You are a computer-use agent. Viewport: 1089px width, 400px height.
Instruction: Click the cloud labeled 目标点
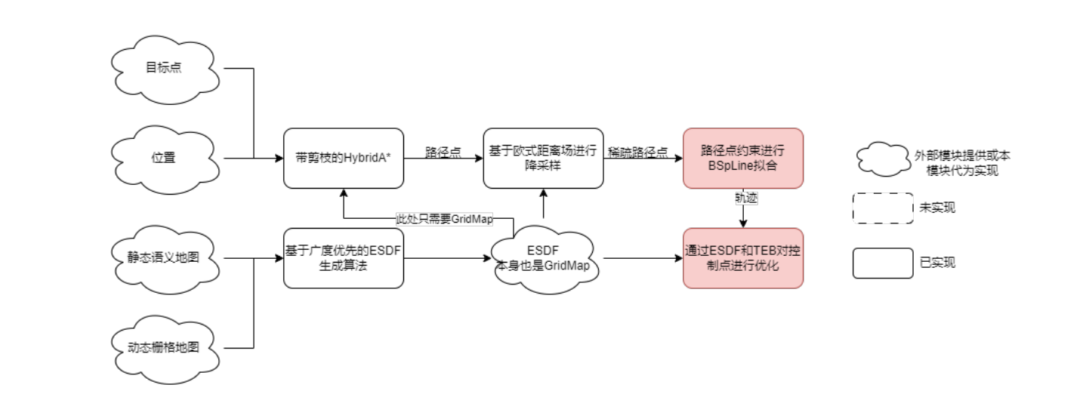(164, 69)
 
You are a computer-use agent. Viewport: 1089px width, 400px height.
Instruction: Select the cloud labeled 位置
(164, 158)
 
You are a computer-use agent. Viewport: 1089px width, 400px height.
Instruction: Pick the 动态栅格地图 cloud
(164, 348)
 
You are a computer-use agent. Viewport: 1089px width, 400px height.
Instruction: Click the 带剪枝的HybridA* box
(344, 158)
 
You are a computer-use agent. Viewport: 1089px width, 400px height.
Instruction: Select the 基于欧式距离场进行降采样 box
(543, 158)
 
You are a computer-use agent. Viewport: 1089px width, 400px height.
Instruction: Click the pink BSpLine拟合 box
(742, 158)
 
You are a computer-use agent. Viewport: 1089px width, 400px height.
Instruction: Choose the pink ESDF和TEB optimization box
(742, 258)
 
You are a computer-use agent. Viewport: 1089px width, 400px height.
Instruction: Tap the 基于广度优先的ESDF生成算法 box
(344, 258)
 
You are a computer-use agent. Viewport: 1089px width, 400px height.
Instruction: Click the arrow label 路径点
(443, 152)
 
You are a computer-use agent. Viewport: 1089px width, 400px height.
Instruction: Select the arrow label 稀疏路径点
(638, 152)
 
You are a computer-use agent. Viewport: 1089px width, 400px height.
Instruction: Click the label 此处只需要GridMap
(444, 219)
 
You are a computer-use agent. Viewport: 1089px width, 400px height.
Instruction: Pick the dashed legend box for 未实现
(883, 208)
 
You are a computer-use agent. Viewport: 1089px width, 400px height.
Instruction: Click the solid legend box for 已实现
(883, 263)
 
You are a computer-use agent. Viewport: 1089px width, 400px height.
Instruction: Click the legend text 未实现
(937, 208)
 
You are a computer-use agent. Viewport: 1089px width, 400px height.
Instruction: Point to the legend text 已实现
(937, 263)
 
